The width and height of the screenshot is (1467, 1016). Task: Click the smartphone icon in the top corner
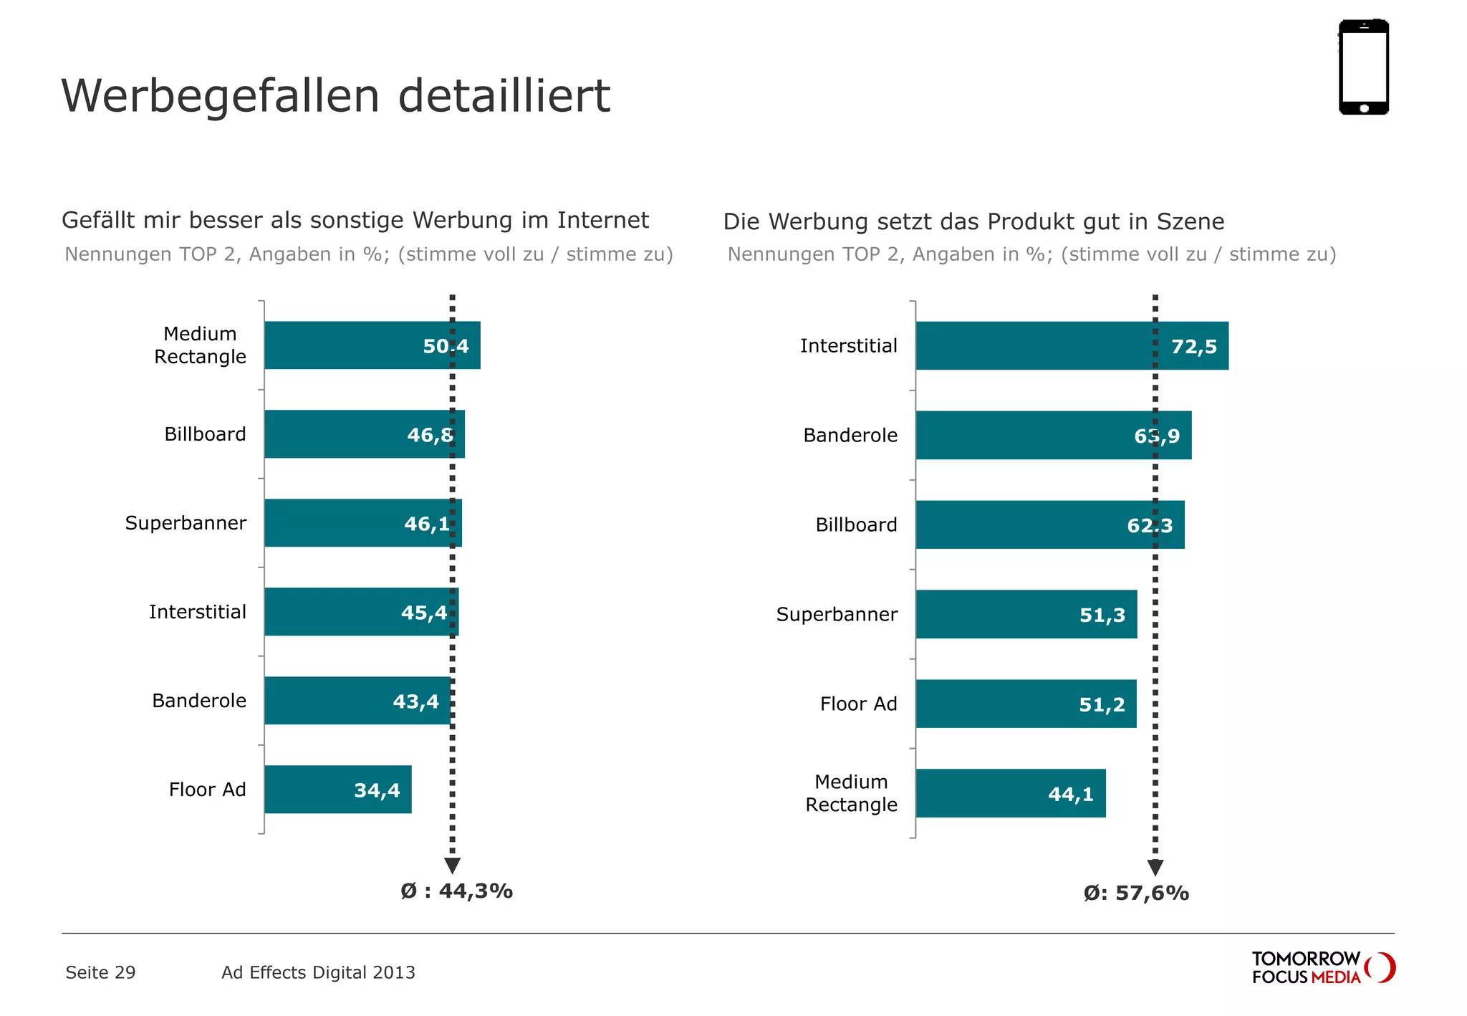(1363, 67)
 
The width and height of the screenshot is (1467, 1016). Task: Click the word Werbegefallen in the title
(220, 96)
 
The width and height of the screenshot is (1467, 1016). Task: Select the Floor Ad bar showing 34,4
(337, 790)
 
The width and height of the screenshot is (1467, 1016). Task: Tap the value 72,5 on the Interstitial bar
(1193, 347)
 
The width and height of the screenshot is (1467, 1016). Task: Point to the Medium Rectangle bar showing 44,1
(1010, 794)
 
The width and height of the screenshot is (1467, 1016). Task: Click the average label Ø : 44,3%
(456, 891)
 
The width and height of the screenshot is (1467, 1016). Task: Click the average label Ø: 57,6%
(1135, 893)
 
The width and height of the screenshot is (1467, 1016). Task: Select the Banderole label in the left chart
(199, 701)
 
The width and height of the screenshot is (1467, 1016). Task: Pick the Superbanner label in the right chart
(837, 615)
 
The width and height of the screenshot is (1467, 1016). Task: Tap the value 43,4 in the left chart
(415, 701)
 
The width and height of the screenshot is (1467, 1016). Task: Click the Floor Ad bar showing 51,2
(1026, 704)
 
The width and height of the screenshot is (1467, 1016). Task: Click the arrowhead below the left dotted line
(452, 866)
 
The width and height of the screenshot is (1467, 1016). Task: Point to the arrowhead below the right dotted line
(1155, 868)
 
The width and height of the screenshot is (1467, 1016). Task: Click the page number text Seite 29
(100, 973)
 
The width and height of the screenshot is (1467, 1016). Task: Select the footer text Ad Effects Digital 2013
(318, 973)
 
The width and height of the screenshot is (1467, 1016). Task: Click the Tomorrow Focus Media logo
(1322, 968)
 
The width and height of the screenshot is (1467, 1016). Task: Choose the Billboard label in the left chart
(205, 434)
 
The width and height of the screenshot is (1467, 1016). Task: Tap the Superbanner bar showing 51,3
(1026, 615)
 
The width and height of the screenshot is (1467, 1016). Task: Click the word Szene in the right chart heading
(1190, 221)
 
